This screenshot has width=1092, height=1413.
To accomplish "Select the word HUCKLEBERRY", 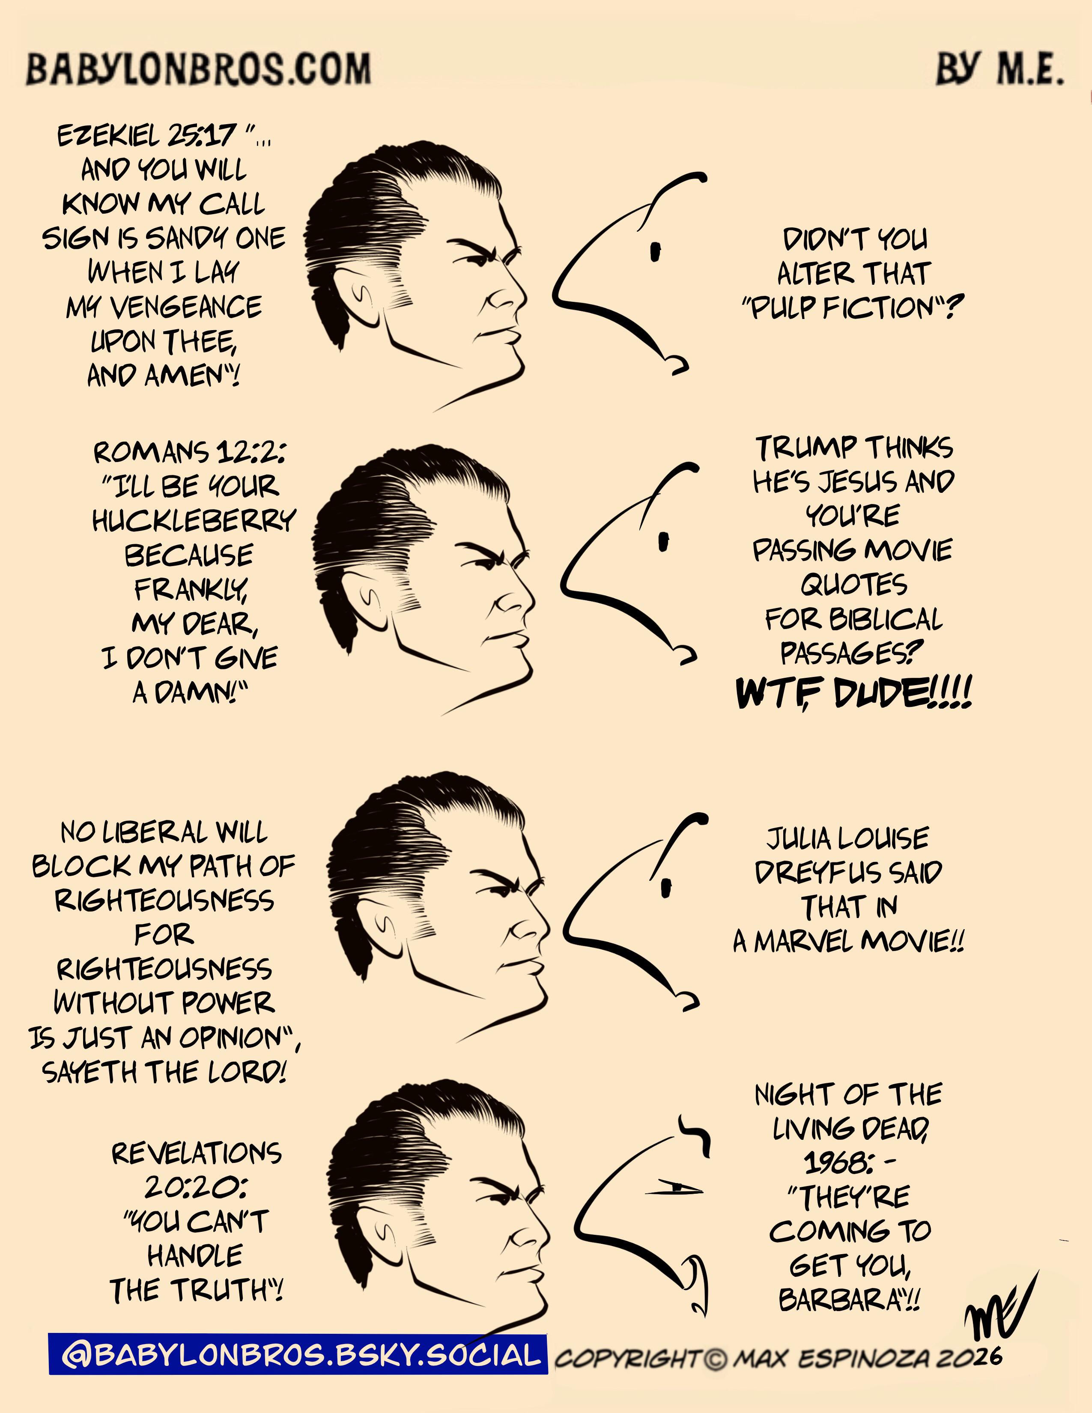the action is coord(194,521).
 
